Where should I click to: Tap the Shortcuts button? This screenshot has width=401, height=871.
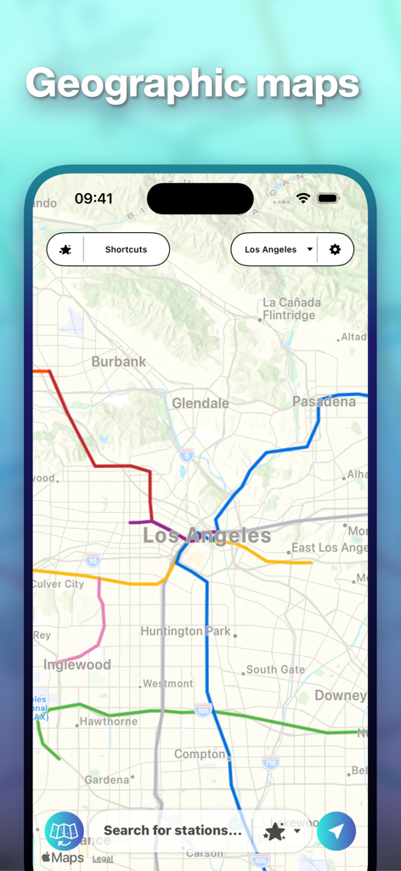(x=126, y=249)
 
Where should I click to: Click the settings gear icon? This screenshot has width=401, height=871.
(x=335, y=249)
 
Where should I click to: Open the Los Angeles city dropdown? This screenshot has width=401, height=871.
(x=278, y=249)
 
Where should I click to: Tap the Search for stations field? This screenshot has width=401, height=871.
(x=172, y=830)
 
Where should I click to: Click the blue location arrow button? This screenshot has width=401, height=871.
(x=336, y=831)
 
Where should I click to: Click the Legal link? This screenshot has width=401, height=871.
(x=103, y=859)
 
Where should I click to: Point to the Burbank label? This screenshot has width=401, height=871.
(x=119, y=361)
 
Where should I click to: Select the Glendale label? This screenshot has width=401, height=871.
(x=200, y=403)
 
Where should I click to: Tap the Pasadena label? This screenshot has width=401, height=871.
(x=324, y=401)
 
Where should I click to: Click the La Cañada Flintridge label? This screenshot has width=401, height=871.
(x=291, y=309)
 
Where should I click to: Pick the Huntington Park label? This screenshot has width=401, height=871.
(x=185, y=631)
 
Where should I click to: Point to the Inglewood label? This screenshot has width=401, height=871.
(x=77, y=665)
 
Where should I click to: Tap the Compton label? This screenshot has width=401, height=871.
(x=200, y=754)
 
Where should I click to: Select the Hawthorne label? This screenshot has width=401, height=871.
(x=109, y=721)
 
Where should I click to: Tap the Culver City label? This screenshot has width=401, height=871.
(x=58, y=584)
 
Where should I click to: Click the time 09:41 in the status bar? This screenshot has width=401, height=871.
(x=93, y=198)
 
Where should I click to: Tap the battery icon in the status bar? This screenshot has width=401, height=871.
(x=328, y=198)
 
